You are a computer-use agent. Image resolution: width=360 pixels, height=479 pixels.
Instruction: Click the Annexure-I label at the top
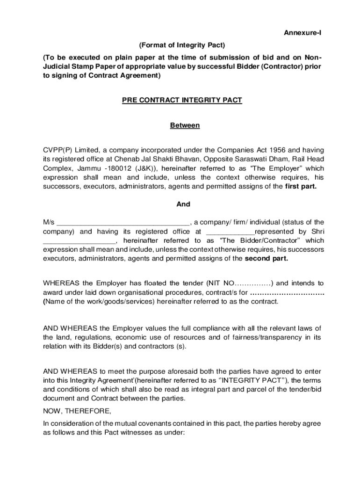[302, 33]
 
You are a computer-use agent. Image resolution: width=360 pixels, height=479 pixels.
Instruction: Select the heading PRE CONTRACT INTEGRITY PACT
[182, 101]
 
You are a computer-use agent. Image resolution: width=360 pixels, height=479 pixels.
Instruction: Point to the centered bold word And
[183, 204]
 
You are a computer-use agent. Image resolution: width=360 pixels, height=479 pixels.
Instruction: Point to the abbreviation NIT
[216, 283]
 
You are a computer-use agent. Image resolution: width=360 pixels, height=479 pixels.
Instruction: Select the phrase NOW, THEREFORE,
[78, 411]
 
